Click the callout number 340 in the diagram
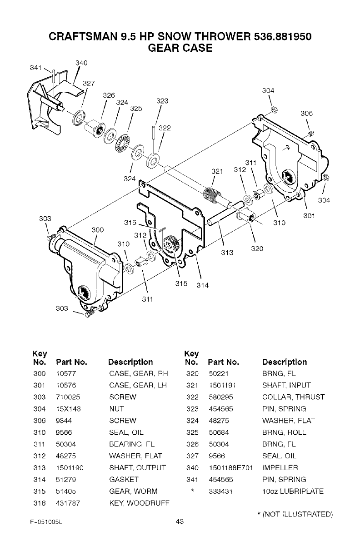coord(81,63)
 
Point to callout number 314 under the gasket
coord(202,286)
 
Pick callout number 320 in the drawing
coord(257,249)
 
